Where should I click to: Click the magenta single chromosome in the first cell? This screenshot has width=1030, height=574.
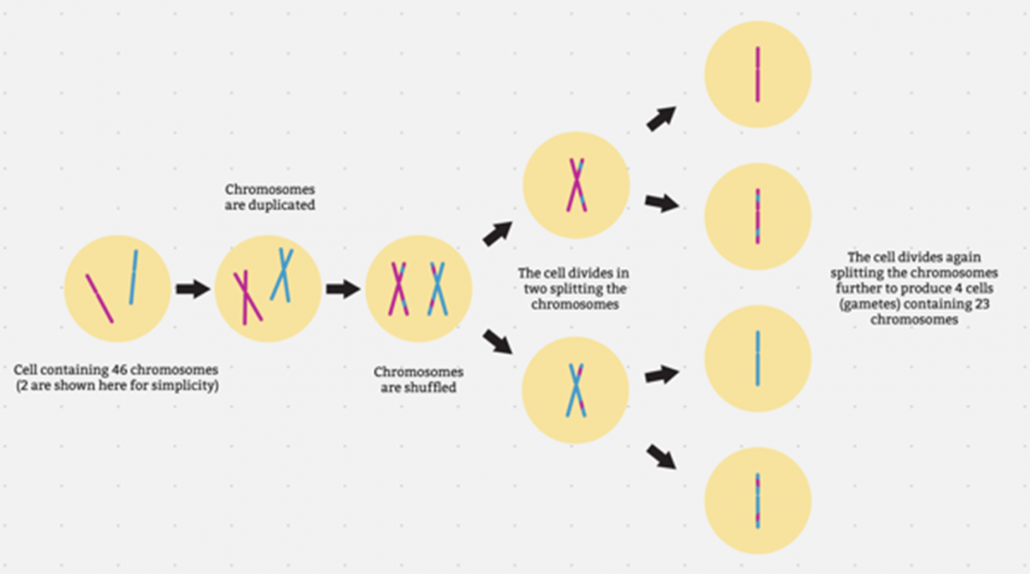point(100,299)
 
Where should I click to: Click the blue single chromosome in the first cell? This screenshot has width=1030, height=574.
point(134,277)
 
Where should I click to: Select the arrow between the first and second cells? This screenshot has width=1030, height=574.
point(193,288)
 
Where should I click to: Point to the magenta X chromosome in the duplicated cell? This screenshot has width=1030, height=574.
point(247,298)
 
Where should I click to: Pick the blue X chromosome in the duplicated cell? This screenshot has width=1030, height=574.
point(282,274)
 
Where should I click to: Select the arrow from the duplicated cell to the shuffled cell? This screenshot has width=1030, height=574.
point(343,288)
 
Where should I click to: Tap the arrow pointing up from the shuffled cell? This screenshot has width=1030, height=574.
point(498,233)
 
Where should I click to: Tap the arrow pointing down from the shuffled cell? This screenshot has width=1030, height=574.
point(498,342)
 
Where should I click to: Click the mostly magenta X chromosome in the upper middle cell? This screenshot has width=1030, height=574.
point(576,185)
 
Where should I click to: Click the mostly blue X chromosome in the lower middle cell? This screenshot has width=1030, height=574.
point(576,390)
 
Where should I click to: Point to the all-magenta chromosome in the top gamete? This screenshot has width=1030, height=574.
point(757,74)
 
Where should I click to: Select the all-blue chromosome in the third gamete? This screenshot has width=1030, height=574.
point(757,359)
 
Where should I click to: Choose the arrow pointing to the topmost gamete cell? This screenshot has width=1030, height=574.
point(662,118)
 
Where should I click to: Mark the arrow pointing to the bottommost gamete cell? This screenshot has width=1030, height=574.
point(662,457)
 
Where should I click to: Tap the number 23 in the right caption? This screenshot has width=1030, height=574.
point(982,304)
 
